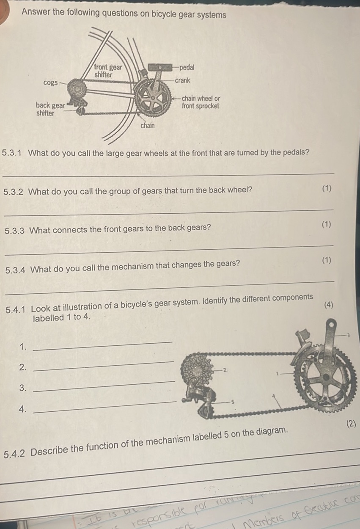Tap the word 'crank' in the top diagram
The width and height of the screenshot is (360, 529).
[x=183, y=80]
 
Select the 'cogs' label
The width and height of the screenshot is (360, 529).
[x=50, y=83]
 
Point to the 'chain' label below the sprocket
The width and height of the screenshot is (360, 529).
[x=148, y=125]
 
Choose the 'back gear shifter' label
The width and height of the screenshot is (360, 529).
[x=49, y=109]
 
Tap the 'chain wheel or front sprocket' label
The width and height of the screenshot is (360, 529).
[x=201, y=102]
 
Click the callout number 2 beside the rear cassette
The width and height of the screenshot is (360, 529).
[x=225, y=370]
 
